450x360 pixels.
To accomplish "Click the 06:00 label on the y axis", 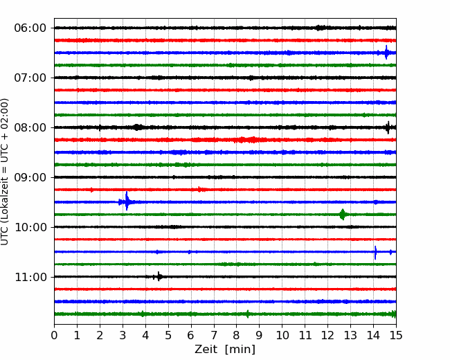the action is tap(30, 28).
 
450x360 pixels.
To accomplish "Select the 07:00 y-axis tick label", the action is tap(30, 78).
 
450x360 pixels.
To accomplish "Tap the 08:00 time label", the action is tap(30, 128).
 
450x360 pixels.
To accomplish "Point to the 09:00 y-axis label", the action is tap(30, 177).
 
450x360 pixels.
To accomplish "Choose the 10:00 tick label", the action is tap(30, 227).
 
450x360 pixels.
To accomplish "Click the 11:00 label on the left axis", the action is tap(30, 278).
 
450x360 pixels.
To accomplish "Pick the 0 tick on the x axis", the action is tap(54, 335).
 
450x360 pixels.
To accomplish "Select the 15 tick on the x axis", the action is tap(396, 335).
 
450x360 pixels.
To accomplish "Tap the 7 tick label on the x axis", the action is tap(214, 335).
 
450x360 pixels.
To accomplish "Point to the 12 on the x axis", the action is tap(327, 335).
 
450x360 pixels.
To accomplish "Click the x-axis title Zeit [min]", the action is tap(225, 350).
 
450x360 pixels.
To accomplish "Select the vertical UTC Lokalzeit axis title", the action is tap(5, 172).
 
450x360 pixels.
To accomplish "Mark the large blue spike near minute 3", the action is tap(127, 201).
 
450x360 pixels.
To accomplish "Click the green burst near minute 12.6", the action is tap(343, 215).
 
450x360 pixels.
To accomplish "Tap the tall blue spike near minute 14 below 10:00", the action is tap(375, 253).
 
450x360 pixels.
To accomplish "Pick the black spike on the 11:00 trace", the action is tap(159, 276).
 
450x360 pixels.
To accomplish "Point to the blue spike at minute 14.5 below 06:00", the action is tap(386, 53).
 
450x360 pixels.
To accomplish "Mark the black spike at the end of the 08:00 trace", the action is tap(388, 127).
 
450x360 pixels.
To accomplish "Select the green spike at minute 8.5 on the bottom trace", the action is tap(248, 314).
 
